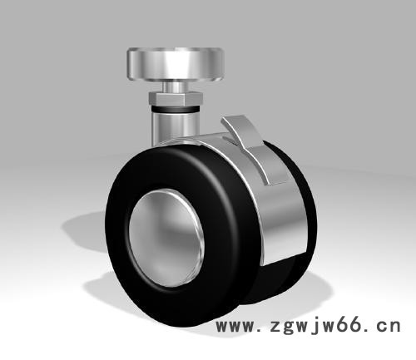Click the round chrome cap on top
[x=176, y=65]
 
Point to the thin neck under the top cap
[x=176, y=86]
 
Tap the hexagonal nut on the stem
[x=176, y=99]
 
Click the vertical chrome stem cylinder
[x=175, y=127]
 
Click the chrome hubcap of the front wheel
[x=166, y=238]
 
